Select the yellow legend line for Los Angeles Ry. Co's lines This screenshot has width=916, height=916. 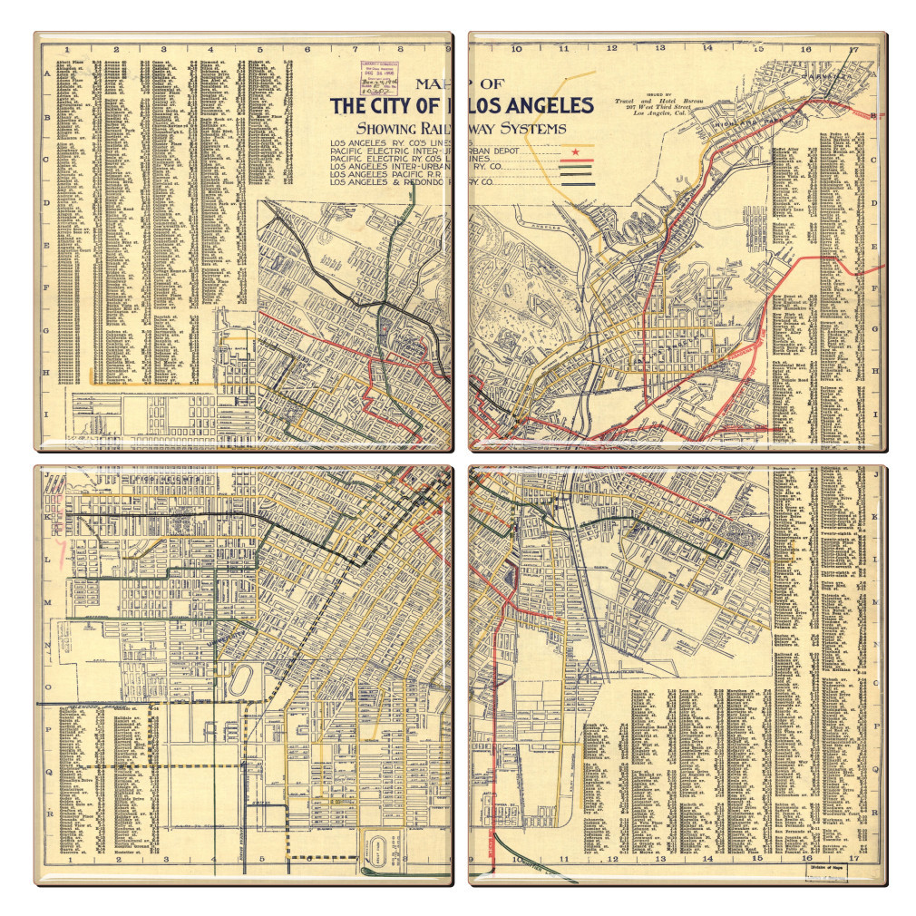coord(577,144)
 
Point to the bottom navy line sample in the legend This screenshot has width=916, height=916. coord(577,184)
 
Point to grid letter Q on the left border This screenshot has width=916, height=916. coord(47,772)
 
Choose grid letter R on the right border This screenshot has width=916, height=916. coord(875,813)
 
